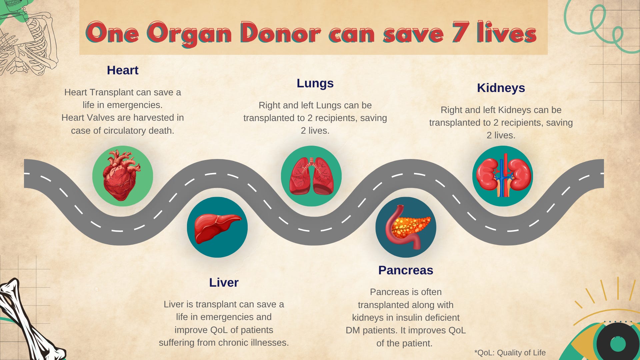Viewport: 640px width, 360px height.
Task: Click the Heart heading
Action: click(x=123, y=70)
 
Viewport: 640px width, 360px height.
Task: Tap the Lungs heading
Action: click(x=315, y=83)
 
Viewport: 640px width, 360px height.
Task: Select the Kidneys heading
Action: click(x=501, y=88)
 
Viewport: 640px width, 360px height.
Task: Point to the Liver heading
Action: click(x=224, y=283)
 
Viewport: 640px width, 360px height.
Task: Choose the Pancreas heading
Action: click(x=406, y=270)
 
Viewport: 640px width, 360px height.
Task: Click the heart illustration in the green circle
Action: click(x=122, y=176)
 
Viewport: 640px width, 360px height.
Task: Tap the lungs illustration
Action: click(x=311, y=176)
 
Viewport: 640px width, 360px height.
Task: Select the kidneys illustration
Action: click(x=503, y=176)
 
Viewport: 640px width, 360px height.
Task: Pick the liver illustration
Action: click(x=217, y=227)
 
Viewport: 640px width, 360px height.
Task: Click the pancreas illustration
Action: click(x=406, y=227)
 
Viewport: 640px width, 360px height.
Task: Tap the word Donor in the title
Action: click(x=280, y=33)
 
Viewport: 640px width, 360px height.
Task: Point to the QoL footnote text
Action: click(x=510, y=353)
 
